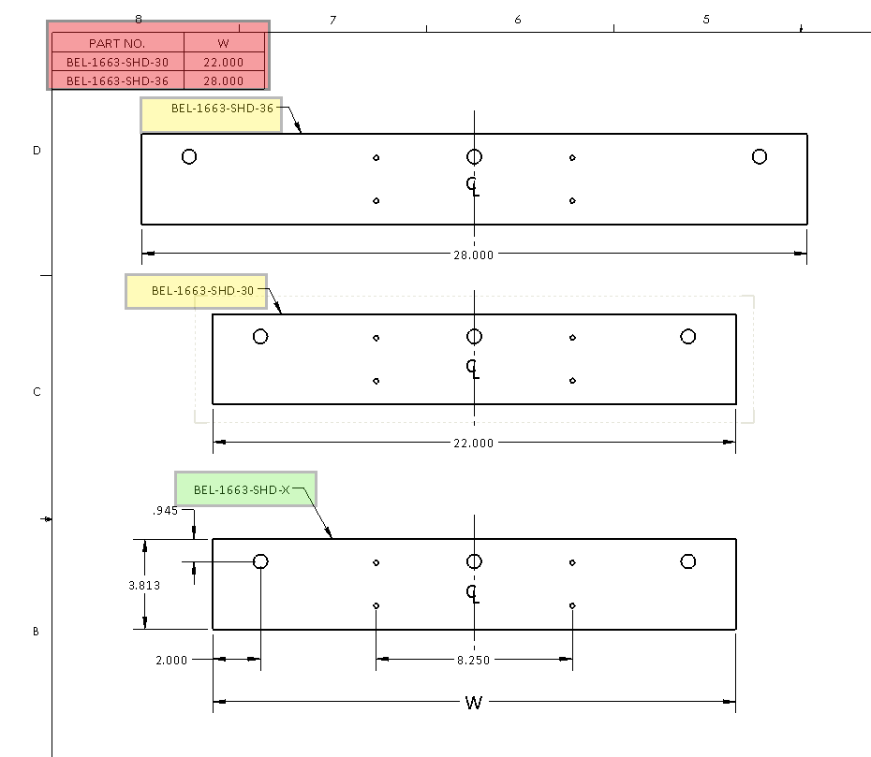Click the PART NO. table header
pyautogui.click(x=117, y=43)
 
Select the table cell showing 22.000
pyautogui.click(x=223, y=62)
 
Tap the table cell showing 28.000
pyautogui.click(x=223, y=80)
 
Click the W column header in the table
pyautogui.click(x=223, y=43)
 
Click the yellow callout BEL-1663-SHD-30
pyautogui.click(x=197, y=291)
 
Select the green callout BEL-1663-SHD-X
pyautogui.click(x=245, y=489)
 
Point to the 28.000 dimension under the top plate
pyautogui.click(x=474, y=255)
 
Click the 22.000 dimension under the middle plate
pyautogui.click(x=474, y=444)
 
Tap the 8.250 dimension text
pyautogui.click(x=474, y=660)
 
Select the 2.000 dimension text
pyautogui.click(x=170, y=660)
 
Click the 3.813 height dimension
pyautogui.click(x=144, y=585)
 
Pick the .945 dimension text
pyautogui.click(x=165, y=511)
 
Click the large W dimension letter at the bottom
pyautogui.click(x=474, y=703)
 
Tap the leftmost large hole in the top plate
pyautogui.click(x=189, y=156)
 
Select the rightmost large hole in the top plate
pyautogui.click(x=760, y=156)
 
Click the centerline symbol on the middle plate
pyautogui.click(x=474, y=367)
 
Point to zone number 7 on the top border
pyautogui.click(x=332, y=20)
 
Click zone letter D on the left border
pyautogui.click(x=37, y=150)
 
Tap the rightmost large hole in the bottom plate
pyautogui.click(x=688, y=561)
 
